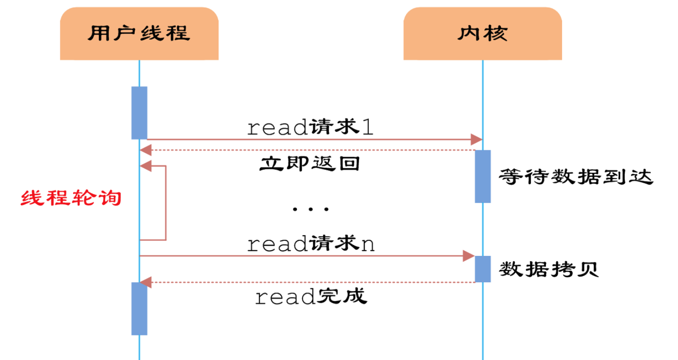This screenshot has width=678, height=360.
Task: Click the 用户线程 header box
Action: point(139,33)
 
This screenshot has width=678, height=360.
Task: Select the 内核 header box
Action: point(482,33)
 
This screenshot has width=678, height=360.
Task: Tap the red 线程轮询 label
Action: point(71,198)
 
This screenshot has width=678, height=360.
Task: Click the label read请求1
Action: point(310,128)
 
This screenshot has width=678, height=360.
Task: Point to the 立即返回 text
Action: point(310,164)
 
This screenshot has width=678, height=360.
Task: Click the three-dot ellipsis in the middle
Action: point(310,209)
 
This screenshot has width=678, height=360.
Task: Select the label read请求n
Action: point(310,244)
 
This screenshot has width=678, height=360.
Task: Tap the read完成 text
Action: point(310,297)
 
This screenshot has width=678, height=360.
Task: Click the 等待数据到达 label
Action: point(576,178)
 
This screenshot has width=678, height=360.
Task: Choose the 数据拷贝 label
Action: point(549,270)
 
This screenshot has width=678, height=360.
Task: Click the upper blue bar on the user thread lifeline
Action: point(139,113)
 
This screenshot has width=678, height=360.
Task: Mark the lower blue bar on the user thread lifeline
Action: point(139,309)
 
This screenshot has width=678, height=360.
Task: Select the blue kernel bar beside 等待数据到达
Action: point(482,176)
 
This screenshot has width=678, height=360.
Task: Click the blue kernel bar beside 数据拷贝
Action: point(482,269)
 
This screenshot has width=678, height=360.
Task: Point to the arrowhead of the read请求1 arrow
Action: point(476,139)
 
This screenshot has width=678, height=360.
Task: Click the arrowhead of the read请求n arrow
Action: point(469,256)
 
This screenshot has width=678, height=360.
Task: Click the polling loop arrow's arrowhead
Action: point(146,166)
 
